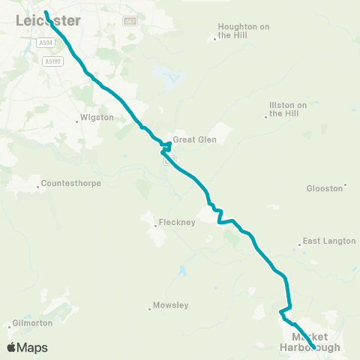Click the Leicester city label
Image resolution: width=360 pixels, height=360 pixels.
[48, 22]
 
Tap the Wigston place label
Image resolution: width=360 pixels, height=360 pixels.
[99, 118]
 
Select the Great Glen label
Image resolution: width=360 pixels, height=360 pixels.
[188, 139]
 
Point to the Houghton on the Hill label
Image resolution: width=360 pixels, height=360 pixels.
[243, 30]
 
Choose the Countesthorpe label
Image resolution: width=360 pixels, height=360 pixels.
[70, 183]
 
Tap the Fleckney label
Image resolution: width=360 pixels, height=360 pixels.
[177, 223]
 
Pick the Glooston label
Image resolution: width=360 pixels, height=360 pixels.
[325, 187]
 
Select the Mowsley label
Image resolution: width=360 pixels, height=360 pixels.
[172, 305]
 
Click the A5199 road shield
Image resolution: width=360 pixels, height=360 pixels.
[52, 61]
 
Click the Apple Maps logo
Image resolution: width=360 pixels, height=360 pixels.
[27, 347]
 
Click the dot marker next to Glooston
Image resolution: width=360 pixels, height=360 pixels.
[345, 185]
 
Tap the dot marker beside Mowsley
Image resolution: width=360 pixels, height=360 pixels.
[150, 307]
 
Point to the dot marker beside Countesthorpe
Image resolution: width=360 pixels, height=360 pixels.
[39, 185]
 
